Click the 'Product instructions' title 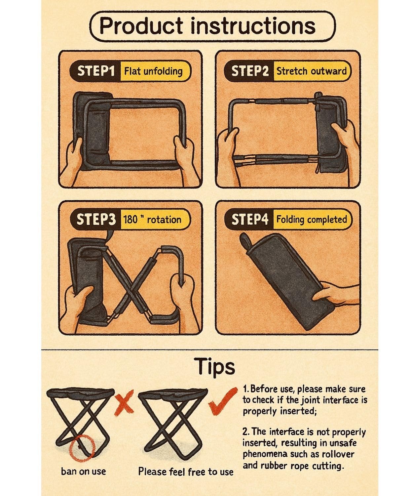[207, 26]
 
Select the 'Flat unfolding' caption [153, 71]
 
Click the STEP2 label [250, 71]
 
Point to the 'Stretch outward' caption [312, 71]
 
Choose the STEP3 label [96, 219]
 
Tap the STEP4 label [250, 219]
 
